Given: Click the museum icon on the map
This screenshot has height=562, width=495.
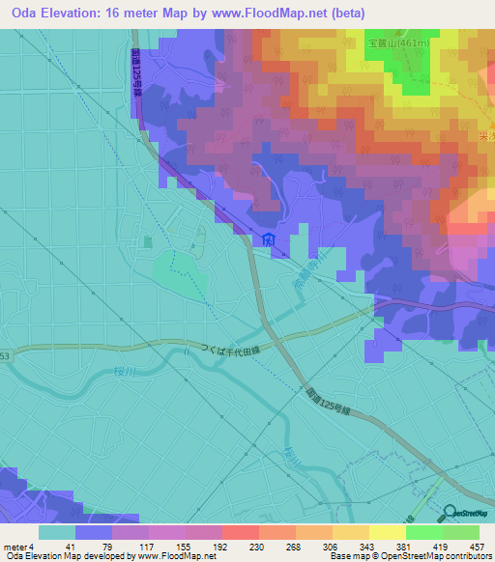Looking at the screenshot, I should [268, 239].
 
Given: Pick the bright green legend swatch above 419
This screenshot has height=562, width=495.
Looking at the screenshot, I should [423, 532].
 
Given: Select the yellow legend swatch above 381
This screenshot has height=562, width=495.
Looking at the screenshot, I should [387, 532].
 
